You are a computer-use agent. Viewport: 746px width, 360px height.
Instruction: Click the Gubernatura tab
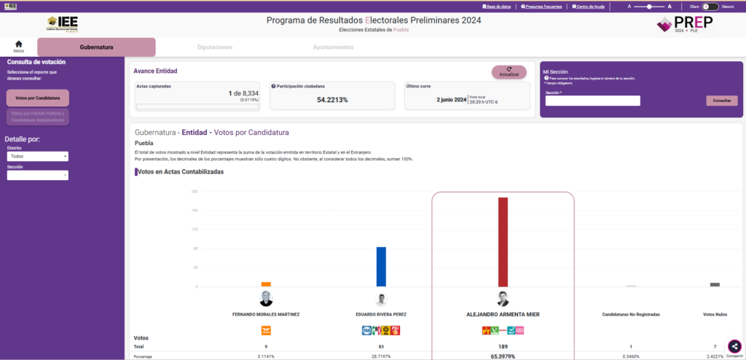coord(96,47)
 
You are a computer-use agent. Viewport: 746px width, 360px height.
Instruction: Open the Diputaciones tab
coord(215,47)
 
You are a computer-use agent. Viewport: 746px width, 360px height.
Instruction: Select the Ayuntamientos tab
coord(333,47)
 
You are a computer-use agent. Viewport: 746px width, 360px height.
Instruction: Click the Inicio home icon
coord(19,46)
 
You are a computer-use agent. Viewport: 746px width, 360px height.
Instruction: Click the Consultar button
coord(721,101)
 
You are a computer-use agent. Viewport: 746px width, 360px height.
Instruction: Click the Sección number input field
coord(592,101)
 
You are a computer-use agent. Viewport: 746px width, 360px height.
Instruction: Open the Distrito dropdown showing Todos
coord(38,156)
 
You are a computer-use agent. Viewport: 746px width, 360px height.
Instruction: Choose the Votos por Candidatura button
coord(37,98)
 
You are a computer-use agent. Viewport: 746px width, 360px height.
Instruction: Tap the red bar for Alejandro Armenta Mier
coord(503,241)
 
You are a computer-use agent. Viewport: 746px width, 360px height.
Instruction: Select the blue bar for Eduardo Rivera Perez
coord(381,266)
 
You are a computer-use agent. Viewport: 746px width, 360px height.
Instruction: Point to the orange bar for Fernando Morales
coord(266,284)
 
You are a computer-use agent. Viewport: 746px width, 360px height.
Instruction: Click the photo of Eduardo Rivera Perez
coord(381,300)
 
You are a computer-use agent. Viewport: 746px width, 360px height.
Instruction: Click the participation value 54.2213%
coord(332,100)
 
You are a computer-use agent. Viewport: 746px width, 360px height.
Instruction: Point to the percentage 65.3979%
coord(503,356)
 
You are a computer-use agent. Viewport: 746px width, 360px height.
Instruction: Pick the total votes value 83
coord(381,346)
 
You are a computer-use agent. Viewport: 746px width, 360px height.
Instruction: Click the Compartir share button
coord(734,347)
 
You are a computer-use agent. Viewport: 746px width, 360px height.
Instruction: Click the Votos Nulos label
coord(715,315)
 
